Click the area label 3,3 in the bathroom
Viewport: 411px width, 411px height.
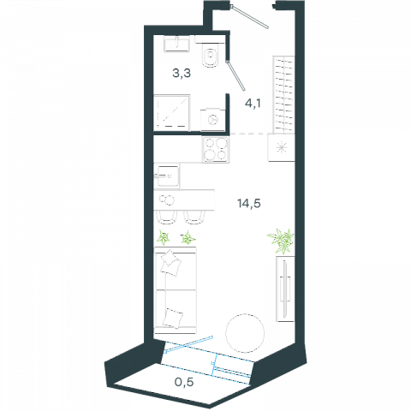(182, 74)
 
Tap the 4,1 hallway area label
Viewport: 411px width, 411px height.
(253, 103)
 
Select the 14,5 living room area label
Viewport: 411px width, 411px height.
(249, 204)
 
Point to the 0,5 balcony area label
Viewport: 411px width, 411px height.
(184, 382)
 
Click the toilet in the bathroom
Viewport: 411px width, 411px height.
(210, 55)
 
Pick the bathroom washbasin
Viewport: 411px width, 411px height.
(177, 44)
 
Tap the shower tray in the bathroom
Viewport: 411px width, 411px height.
(172, 113)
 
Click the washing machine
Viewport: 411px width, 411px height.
(212, 119)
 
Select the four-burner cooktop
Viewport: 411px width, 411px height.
(216, 150)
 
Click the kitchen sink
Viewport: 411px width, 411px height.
(167, 176)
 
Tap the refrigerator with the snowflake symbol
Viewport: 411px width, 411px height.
(281, 147)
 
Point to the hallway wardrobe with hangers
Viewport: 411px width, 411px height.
(283, 94)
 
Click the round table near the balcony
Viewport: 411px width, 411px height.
(245, 333)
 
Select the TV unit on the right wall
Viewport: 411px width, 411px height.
(285, 289)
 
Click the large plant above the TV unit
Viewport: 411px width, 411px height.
(281, 241)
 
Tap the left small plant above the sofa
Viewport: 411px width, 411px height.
(164, 238)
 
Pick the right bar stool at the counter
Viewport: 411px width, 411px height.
(194, 217)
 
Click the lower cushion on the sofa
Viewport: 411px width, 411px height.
(173, 318)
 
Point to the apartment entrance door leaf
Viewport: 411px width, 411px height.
(250, 16)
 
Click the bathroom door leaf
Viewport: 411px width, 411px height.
(235, 75)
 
